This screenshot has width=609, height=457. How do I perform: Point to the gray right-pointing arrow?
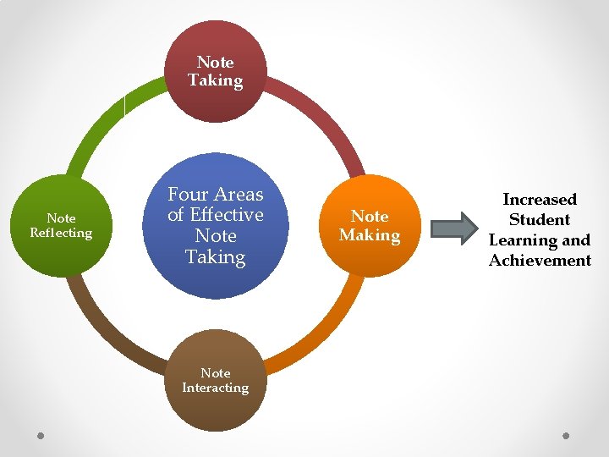[454, 226]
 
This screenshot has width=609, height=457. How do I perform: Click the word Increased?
[540, 200]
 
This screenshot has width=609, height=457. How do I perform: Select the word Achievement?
[540, 261]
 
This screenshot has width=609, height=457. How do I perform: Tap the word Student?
[540, 220]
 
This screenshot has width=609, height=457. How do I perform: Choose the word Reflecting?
[61, 233]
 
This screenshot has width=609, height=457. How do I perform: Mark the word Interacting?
[215, 388]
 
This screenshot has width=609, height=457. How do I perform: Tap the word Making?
[370, 234]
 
